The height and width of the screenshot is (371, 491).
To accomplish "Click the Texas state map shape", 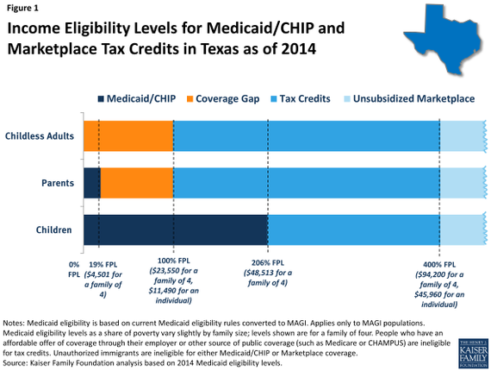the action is (x=444, y=38).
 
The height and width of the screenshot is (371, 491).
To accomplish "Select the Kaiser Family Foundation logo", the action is (x=473, y=354).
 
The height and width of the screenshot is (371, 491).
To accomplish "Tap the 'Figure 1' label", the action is (x=22, y=8).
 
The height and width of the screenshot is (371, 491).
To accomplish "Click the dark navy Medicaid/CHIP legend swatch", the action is (x=101, y=99).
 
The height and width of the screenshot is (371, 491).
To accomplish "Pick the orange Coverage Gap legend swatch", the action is (x=190, y=99).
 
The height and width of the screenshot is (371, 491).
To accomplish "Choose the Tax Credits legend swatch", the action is (x=274, y=99).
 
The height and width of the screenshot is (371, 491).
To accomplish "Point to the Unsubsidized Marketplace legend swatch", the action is (x=347, y=99).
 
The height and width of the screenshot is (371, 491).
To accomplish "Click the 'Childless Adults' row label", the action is (x=40, y=136).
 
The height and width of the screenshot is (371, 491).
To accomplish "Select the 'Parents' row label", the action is (x=58, y=183).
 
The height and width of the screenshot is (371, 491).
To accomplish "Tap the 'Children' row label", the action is (x=54, y=230).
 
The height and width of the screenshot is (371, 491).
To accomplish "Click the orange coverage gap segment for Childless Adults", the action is (x=128, y=136).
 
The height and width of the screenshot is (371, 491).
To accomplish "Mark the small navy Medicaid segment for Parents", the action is (x=92, y=183).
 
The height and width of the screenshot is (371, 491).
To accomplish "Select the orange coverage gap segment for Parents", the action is (x=137, y=183).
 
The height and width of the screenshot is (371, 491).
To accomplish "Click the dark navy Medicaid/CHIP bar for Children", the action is (x=176, y=230).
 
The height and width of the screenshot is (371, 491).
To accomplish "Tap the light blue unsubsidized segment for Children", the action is (x=463, y=230).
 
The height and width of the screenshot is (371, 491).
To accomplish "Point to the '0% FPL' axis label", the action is (x=74, y=269).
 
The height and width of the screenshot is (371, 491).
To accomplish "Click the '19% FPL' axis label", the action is (x=103, y=265).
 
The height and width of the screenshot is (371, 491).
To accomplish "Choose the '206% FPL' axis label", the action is (x=268, y=263).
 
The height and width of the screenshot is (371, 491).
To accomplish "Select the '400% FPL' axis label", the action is (x=439, y=265).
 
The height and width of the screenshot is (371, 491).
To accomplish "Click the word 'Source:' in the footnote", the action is (x=16, y=363).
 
